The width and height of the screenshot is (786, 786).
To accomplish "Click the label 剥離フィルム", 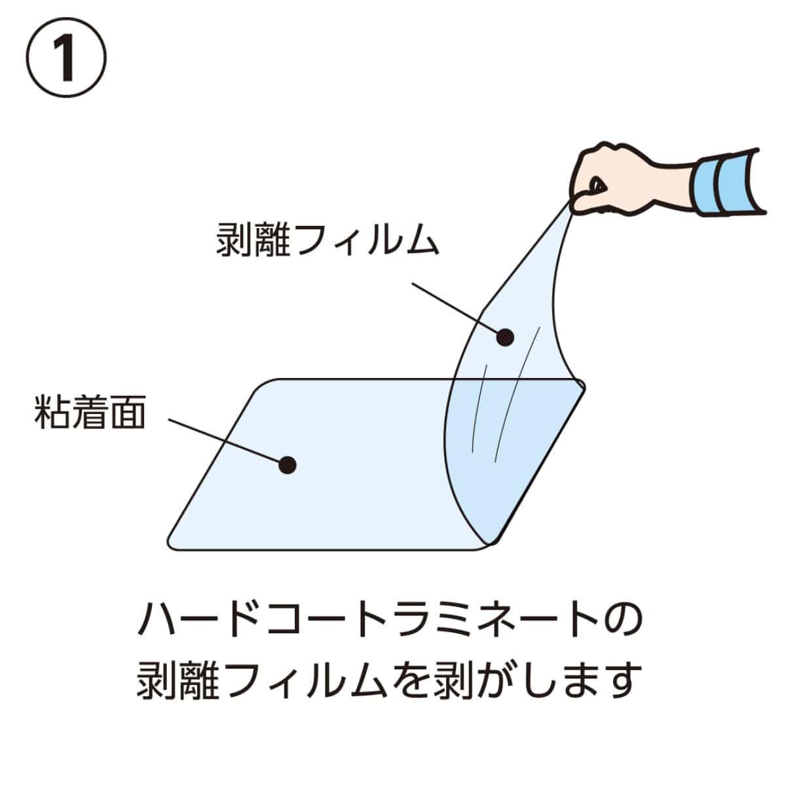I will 327,240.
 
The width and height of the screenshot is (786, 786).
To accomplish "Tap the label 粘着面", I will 89,412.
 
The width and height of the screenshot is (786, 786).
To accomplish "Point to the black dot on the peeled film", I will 504,337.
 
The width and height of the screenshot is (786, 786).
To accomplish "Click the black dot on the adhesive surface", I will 287,465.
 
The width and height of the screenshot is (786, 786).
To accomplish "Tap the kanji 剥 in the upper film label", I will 234,240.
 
